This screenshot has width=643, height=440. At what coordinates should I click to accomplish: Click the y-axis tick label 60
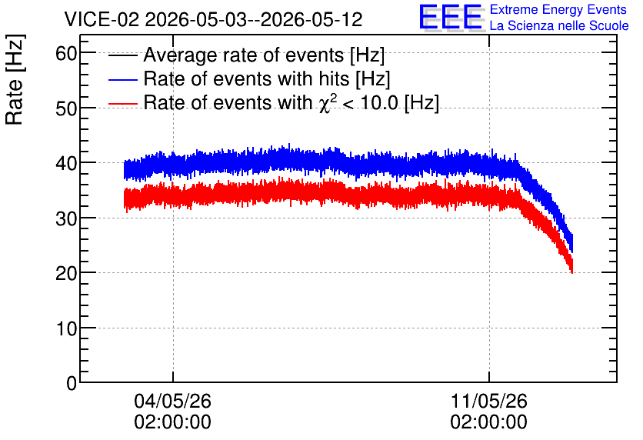click(x=66, y=53)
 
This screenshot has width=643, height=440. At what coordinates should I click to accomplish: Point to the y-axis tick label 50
click(x=66, y=108)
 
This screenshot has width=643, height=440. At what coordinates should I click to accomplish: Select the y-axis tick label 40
click(x=66, y=164)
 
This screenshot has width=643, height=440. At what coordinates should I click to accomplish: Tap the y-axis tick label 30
click(x=66, y=219)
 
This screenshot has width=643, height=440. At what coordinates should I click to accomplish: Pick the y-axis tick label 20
click(x=66, y=274)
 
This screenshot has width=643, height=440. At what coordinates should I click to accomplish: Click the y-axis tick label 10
click(x=66, y=329)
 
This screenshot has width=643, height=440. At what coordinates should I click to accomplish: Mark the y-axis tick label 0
click(x=72, y=384)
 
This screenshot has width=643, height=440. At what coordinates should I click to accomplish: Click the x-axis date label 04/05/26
click(x=172, y=401)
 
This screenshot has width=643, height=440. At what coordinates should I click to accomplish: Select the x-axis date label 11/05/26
click(x=489, y=401)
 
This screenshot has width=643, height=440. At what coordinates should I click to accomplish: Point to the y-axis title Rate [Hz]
click(x=15, y=79)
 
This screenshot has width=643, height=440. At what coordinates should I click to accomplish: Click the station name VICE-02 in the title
click(x=102, y=19)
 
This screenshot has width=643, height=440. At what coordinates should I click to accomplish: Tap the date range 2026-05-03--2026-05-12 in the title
click(x=254, y=19)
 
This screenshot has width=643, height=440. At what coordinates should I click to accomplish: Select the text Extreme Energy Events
click(x=558, y=9)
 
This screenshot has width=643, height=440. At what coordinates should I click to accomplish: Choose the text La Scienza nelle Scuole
click(x=559, y=25)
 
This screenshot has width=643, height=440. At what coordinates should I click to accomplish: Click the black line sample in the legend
click(x=123, y=55)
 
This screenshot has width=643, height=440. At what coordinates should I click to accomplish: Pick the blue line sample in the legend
click(x=123, y=79)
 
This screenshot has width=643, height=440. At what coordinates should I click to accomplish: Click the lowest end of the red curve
click(x=572, y=272)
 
